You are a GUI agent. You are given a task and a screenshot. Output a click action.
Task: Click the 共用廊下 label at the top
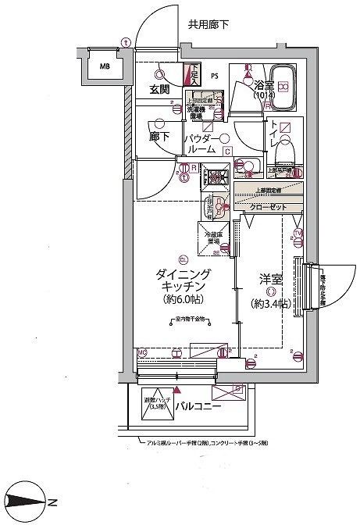point(209,24)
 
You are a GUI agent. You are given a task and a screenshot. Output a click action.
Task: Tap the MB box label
point(104,66)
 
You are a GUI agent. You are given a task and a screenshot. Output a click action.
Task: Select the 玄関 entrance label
point(160,89)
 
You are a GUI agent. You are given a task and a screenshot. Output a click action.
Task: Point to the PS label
point(215,77)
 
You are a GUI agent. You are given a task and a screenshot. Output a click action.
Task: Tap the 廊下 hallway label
point(159,134)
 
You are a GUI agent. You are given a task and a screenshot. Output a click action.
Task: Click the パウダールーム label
point(199,144)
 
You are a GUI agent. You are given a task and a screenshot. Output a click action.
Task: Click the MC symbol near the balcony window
point(142,352)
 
